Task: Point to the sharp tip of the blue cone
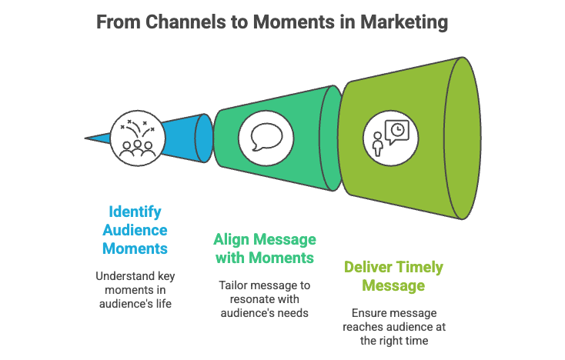coord(86,138)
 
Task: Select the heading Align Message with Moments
coord(265,248)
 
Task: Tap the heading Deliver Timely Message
coord(393,276)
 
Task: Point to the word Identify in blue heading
coord(135,211)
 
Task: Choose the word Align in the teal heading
coord(233,238)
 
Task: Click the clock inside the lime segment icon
coord(397,130)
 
